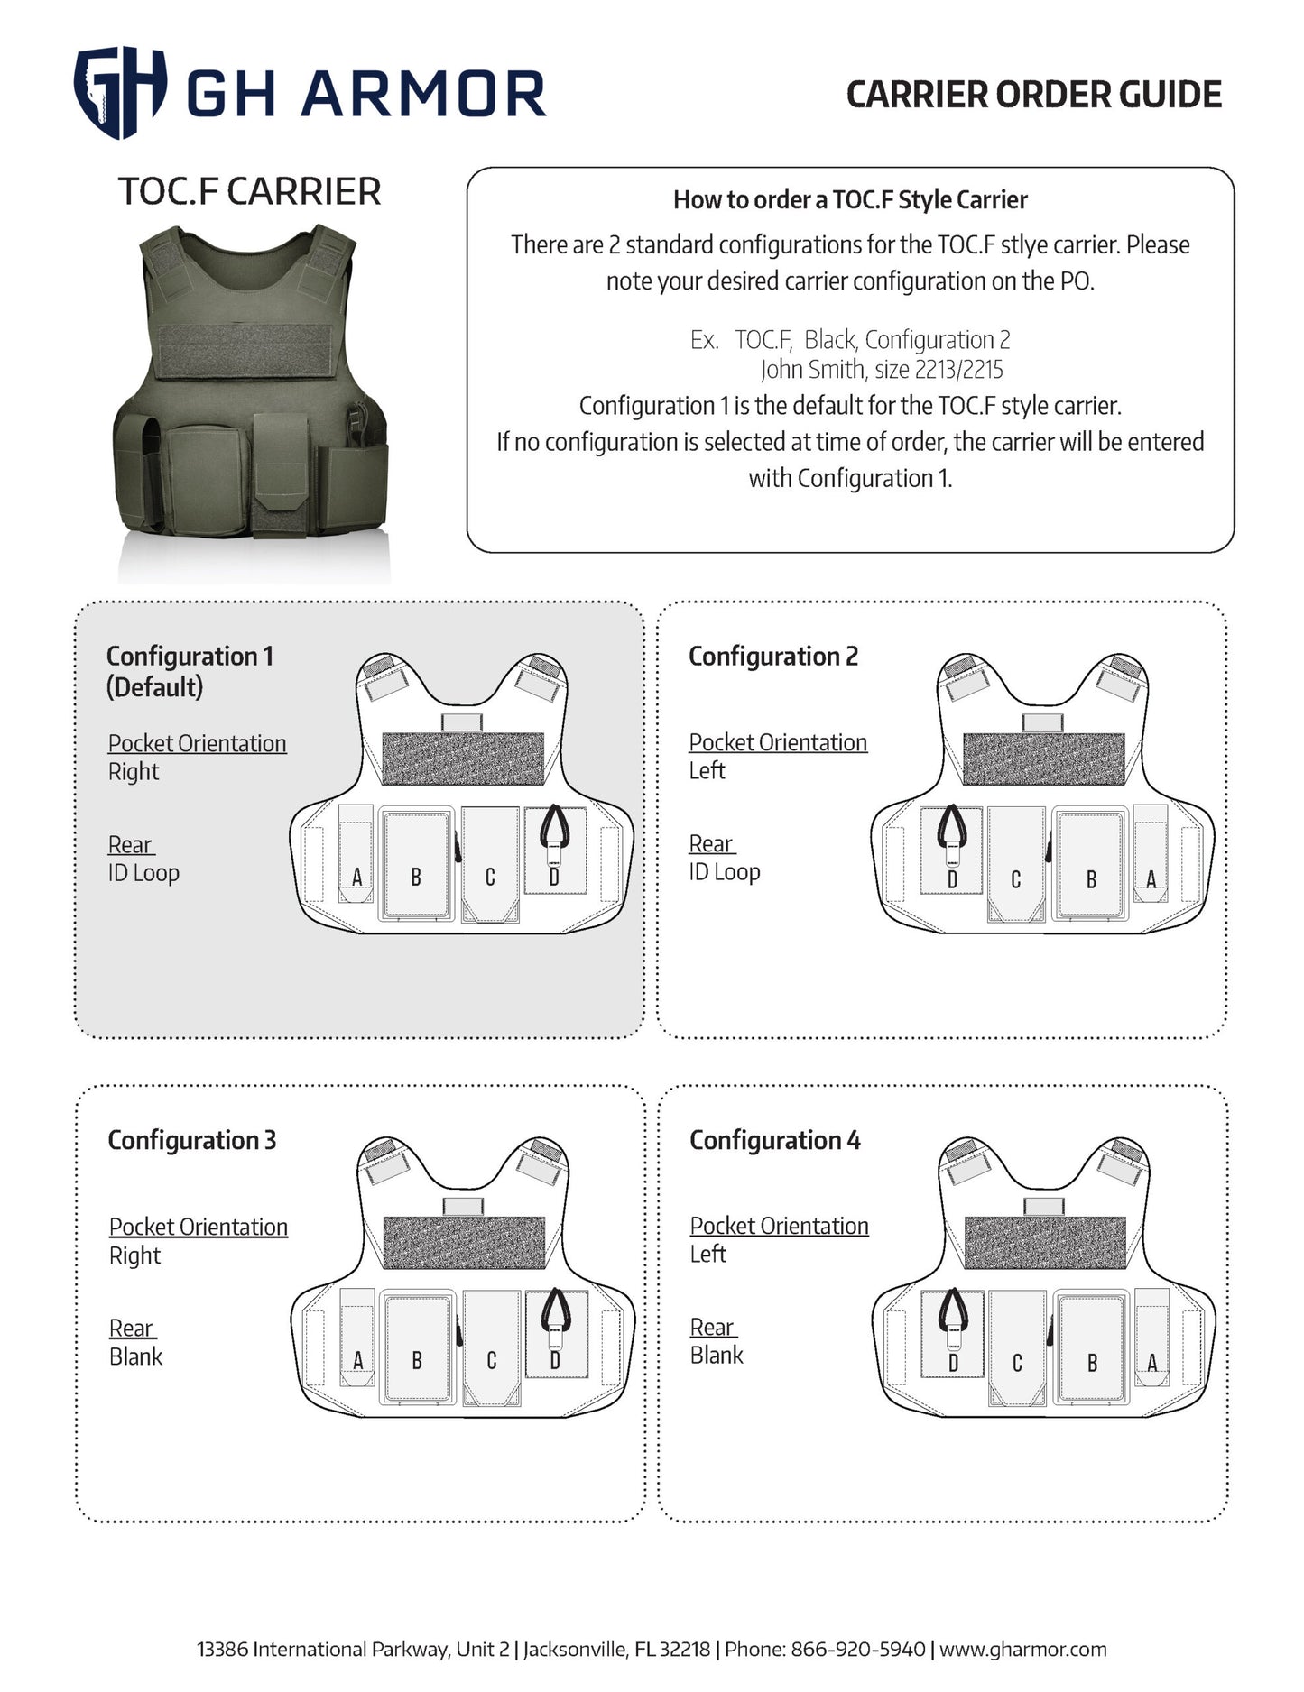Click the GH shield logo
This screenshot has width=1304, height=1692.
click(x=119, y=92)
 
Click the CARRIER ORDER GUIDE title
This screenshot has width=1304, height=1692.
click(x=1033, y=95)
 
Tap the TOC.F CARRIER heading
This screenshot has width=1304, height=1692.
click(x=249, y=192)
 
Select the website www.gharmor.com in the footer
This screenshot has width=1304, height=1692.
click(x=1022, y=1649)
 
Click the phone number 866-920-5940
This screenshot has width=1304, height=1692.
click(x=857, y=1649)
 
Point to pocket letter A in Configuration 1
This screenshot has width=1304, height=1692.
click(x=357, y=877)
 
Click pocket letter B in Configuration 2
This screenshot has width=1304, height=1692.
click(x=1091, y=879)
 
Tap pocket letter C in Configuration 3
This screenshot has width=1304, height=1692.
click(x=491, y=1361)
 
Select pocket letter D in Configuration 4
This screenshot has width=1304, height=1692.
click(x=953, y=1363)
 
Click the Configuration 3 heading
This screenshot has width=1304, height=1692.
click(x=191, y=1140)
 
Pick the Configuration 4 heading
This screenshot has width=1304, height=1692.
click(x=774, y=1140)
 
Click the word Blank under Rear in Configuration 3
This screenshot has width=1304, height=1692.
click(x=136, y=1356)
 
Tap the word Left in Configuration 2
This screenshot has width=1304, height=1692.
click(x=707, y=770)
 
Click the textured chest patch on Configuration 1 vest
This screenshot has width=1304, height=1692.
click(x=463, y=758)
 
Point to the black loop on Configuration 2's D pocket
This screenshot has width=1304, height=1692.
click(x=951, y=825)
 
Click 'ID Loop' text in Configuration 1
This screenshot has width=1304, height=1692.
click(x=143, y=873)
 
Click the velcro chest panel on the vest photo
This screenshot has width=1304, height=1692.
click(x=247, y=350)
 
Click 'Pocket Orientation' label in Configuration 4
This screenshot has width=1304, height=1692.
click(x=779, y=1226)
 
